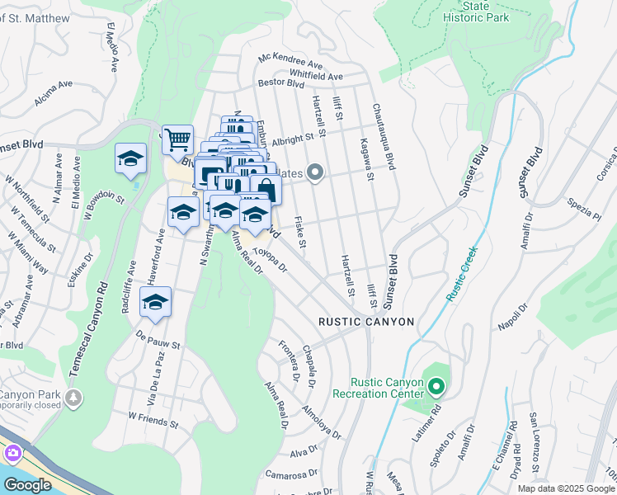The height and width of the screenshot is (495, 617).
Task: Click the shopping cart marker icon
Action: (177, 141)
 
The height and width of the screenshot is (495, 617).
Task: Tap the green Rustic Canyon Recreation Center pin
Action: (436, 385)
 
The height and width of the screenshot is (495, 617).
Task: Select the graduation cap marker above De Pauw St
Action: (155, 303)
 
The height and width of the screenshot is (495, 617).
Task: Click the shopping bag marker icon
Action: (266, 189)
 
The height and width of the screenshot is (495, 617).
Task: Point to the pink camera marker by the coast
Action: (12, 453)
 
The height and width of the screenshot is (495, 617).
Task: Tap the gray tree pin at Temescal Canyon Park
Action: (74, 398)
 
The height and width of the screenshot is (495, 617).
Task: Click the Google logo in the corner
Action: (26, 485)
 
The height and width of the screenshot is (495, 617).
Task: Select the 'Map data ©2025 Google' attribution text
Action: (566, 488)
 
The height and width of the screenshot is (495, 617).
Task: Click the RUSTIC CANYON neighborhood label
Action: (367, 322)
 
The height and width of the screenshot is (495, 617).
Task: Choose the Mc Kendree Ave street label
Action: (290, 62)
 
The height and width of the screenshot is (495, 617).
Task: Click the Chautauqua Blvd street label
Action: (382, 137)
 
